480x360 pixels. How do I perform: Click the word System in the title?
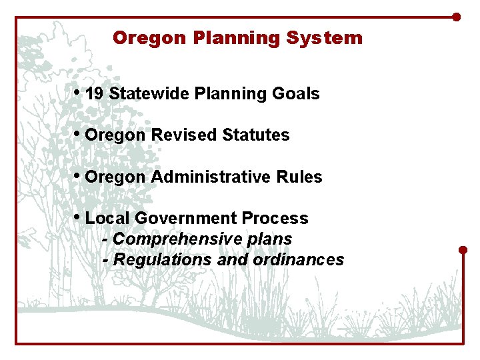pos(325,38)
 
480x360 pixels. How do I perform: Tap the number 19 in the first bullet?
pos(95,94)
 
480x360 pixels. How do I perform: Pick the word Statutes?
pos(256,135)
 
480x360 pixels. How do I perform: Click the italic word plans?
pos(271,239)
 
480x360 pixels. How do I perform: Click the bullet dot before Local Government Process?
pos(79,217)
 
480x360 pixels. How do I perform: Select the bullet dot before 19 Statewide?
pos(79,93)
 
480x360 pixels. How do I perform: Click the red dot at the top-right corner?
pos(457,17)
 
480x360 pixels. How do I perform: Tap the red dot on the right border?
pos(463,250)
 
